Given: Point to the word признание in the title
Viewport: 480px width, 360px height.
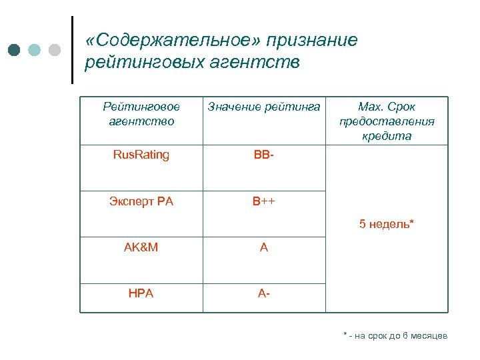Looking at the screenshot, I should tap(312, 41).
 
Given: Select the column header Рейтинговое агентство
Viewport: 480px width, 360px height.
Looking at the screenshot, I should tap(141, 113).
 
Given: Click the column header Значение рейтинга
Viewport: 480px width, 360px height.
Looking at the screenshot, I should tap(264, 107).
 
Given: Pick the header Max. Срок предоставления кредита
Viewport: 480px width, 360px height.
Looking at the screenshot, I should tap(387, 121).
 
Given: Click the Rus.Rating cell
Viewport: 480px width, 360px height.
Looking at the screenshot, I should tap(141, 155).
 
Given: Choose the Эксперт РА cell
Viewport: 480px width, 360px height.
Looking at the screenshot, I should tap(141, 201).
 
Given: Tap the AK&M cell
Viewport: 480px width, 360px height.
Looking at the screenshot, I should tap(141, 247).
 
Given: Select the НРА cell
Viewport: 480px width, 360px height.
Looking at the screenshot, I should tap(141, 293).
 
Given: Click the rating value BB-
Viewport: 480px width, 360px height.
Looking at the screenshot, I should tap(263, 155).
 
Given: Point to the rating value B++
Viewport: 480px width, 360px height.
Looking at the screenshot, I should tap(263, 201).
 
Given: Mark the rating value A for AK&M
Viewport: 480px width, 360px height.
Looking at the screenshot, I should tap(263, 247).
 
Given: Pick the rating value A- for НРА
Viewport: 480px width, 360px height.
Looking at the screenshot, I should tap(263, 293).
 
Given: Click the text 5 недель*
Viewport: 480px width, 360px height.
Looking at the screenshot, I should tap(387, 224).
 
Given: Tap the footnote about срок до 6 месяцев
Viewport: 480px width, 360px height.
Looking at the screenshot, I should tap(395, 335).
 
